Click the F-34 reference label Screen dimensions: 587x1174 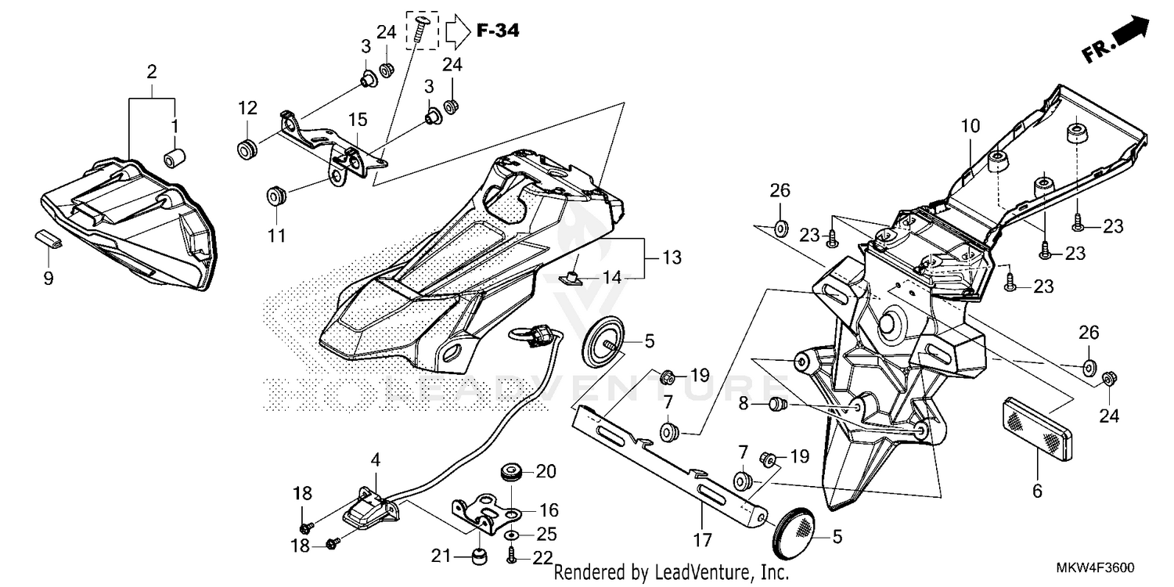(497, 31)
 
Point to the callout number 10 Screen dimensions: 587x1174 (971, 125)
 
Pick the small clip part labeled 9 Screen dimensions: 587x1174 (49, 239)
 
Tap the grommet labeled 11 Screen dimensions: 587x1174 (275, 195)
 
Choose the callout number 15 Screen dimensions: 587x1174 (358, 121)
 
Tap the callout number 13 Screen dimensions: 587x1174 (672, 257)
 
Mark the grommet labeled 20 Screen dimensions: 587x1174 (510, 473)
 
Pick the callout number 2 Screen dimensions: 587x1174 (152, 72)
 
